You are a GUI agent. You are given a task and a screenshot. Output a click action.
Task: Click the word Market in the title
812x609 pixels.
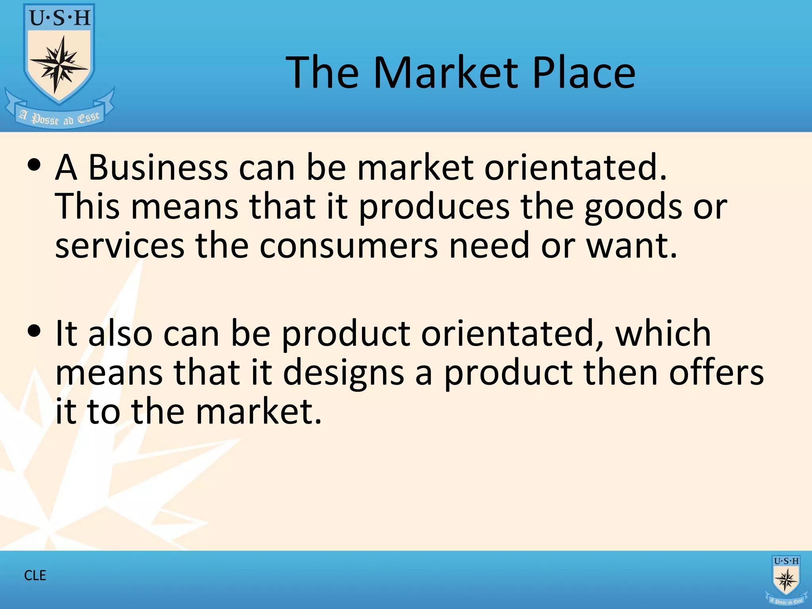click(x=446, y=72)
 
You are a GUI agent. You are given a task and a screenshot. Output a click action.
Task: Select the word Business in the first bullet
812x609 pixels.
click(x=158, y=167)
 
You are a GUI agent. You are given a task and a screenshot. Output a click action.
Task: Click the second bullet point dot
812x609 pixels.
click(x=34, y=331)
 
